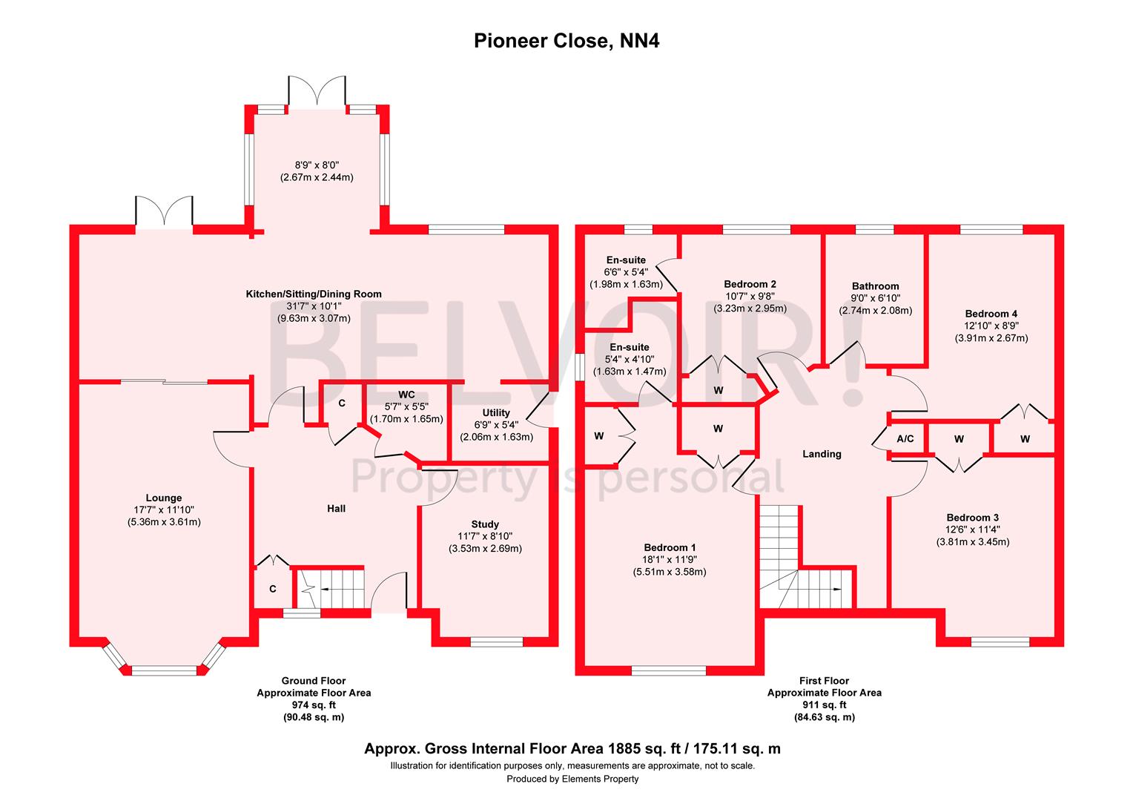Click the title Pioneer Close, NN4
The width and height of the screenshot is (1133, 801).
tap(566, 42)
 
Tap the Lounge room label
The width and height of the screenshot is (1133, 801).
tap(164, 498)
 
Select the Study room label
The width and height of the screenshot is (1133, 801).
tap(485, 524)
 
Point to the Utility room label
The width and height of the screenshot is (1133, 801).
tap(496, 412)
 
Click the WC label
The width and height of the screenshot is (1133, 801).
tap(406, 394)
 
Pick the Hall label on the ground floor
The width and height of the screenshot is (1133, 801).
tap(337, 508)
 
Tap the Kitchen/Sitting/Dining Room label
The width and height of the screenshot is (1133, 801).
tap(314, 294)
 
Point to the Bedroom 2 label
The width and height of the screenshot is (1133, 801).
tap(750, 284)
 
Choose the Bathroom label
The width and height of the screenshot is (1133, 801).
tap(875, 286)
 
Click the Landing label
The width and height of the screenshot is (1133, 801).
tap(822, 454)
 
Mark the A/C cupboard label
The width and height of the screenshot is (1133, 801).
tap(905, 439)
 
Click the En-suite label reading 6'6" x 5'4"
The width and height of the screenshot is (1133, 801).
tap(626, 260)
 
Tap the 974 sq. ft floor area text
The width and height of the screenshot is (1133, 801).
tap(314, 705)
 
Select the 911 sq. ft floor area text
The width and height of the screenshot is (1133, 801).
tap(824, 705)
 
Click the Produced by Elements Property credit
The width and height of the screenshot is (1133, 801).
tap(572, 779)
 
